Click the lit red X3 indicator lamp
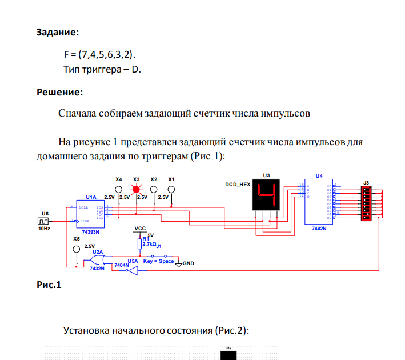[x=136, y=189]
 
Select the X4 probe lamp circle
[x=118, y=189]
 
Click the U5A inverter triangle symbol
[x=131, y=272]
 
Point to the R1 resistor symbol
[x=139, y=243]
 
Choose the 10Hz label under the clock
[x=45, y=228]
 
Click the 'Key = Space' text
[x=158, y=261]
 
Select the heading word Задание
[x=58, y=32]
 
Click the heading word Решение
[x=60, y=91]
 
